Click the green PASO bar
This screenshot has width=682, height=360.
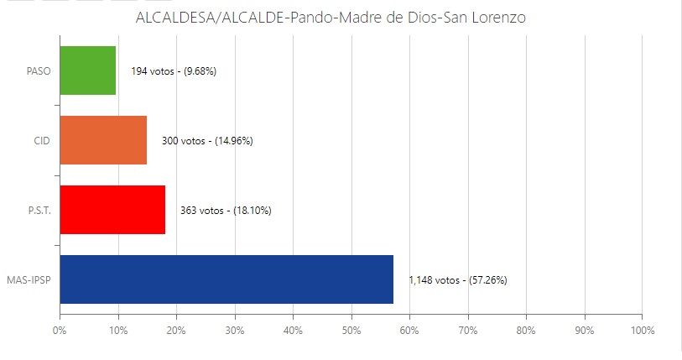point(88,70)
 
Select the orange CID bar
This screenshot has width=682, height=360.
point(103,140)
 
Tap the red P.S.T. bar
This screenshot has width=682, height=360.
point(112,210)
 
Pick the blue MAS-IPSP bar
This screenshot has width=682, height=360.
point(226,279)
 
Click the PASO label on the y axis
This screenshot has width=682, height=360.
point(39,70)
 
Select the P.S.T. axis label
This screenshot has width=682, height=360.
point(39,210)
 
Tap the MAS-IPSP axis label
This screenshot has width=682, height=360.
point(29,279)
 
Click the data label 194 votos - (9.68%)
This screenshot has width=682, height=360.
point(174,71)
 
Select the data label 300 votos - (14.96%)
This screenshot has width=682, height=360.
point(207,141)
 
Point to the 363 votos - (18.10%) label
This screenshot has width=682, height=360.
point(226,211)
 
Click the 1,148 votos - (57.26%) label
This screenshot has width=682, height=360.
point(457,279)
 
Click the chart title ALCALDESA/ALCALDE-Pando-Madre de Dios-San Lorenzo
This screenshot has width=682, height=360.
point(331,18)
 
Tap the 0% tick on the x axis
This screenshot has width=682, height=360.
point(60,330)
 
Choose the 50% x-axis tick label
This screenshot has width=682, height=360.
point(351,330)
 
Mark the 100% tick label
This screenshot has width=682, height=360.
point(642,330)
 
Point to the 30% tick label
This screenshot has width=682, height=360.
point(234,330)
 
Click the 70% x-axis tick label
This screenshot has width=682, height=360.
point(467,330)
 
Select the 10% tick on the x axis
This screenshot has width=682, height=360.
point(117,330)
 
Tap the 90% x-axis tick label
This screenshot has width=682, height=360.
point(584,330)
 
